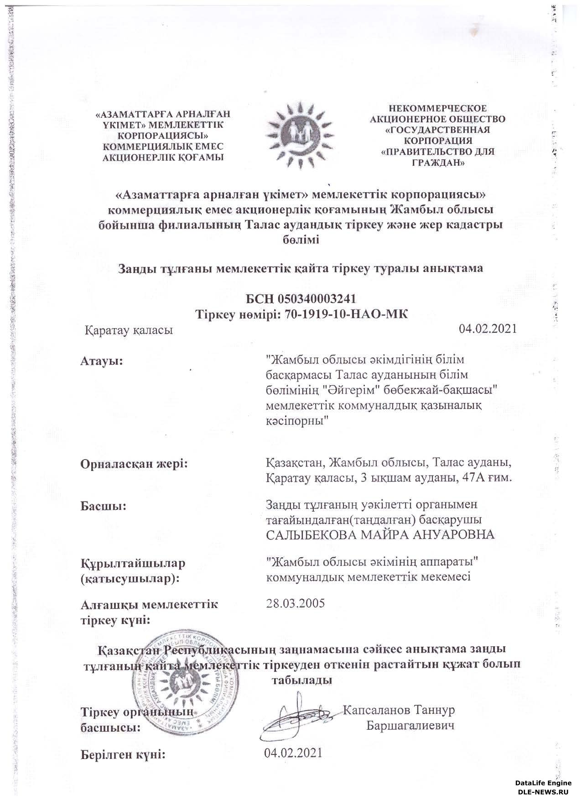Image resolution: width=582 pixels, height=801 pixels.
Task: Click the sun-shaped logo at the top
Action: tap(300, 136)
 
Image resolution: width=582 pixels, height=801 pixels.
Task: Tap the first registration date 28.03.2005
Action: tap(295, 603)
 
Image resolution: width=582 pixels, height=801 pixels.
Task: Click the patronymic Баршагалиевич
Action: tap(410, 726)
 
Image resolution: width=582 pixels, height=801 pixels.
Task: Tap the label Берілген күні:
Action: tap(122, 754)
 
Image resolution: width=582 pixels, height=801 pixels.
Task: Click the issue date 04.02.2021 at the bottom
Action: tap(293, 753)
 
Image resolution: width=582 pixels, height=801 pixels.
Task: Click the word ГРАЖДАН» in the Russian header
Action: tap(437, 163)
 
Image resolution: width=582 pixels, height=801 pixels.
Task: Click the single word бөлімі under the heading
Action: tap(300, 240)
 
